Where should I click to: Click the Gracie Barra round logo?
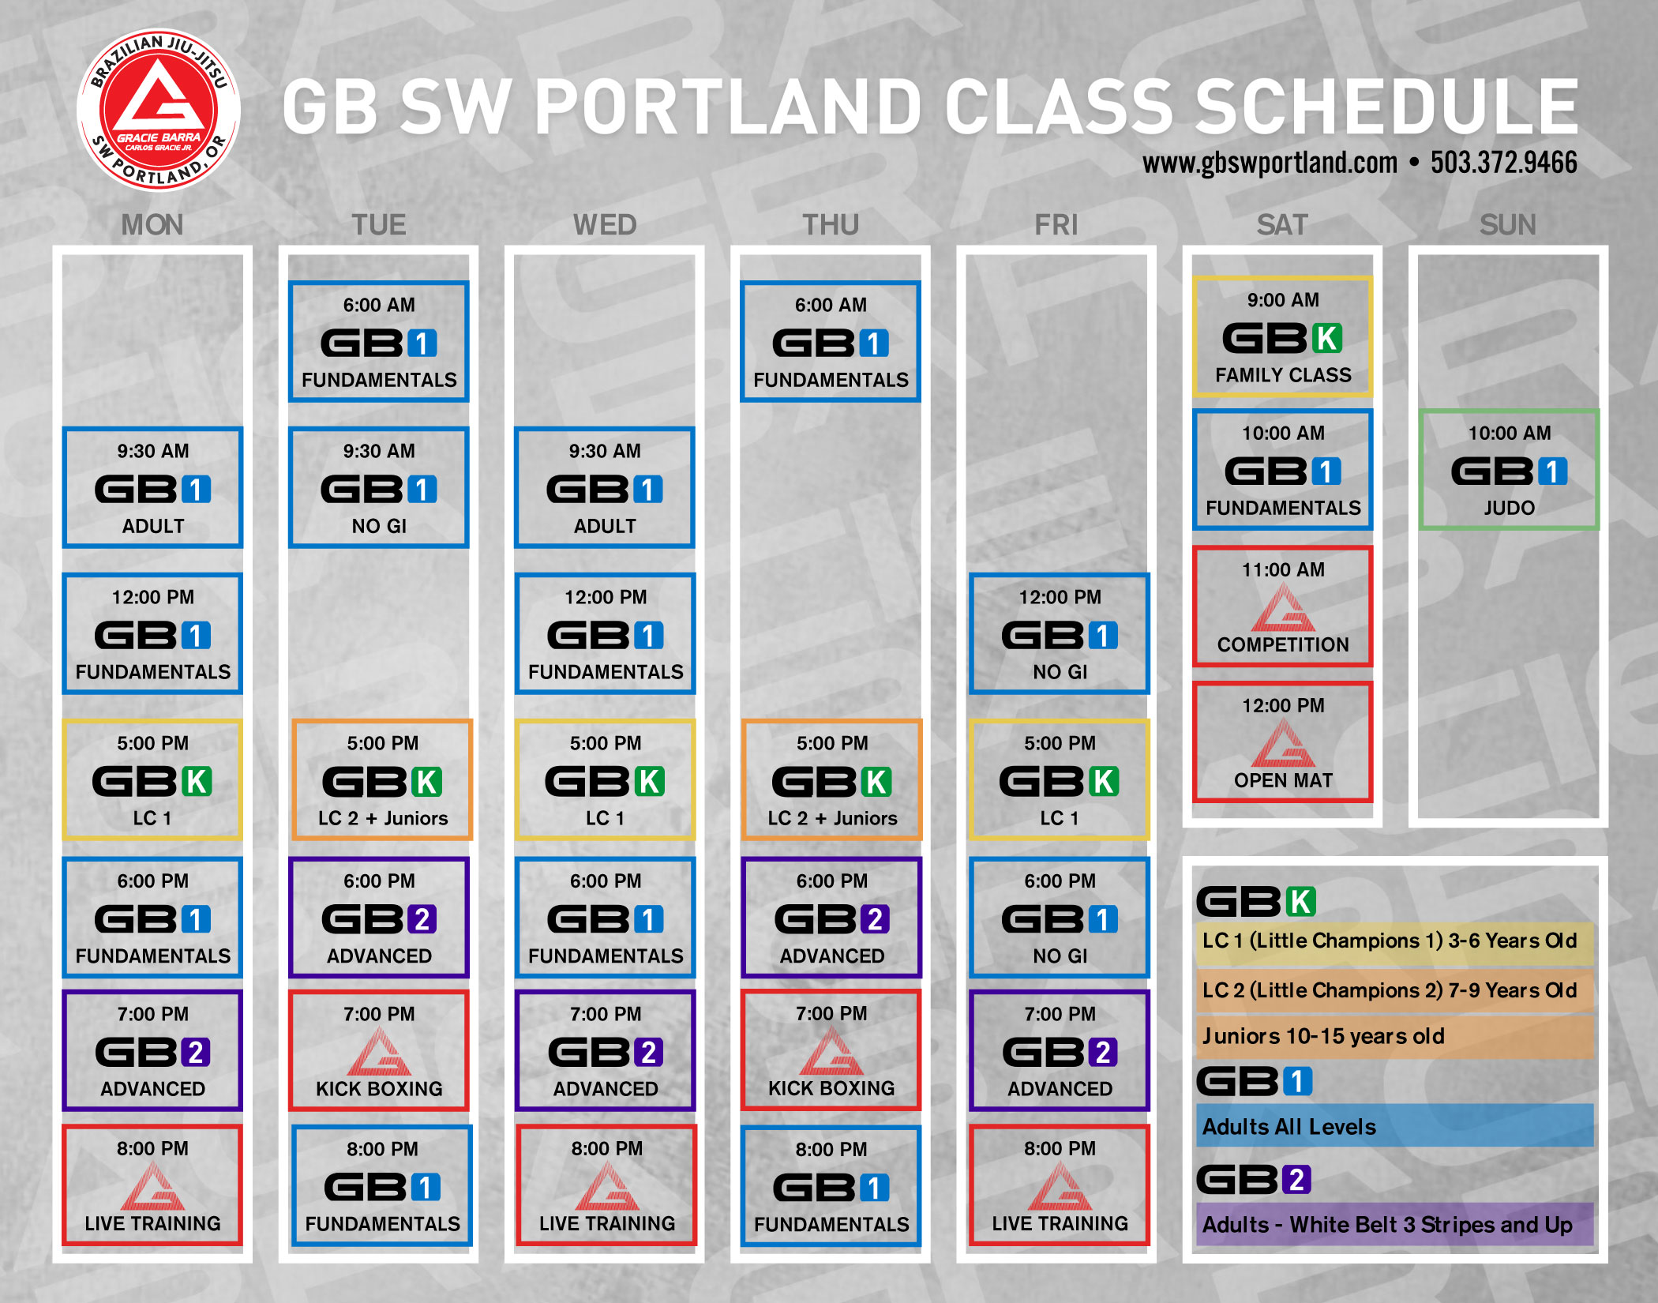click(x=159, y=110)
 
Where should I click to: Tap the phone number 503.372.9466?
click(x=1503, y=163)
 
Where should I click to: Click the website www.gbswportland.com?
click(x=1270, y=163)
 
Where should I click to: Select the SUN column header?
click(x=1507, y=225)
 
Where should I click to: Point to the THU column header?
click(x=831, y=225)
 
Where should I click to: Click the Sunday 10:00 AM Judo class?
click(x=1509, y=469)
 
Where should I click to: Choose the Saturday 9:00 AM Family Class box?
click(x=1283, y=336)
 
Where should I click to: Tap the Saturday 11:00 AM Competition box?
click(x=1283, y=606)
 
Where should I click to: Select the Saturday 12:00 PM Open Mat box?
click(x=1283, y=742)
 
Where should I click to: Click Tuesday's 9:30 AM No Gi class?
click(x=379, y=487)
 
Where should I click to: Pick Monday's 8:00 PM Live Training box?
click(x=152, y=1185)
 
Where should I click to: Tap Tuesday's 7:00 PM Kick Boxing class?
click(x=379, y=1050)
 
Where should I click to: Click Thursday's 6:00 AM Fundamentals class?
click(x=831, y=341)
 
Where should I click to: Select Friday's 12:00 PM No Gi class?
click(x=1060, y=633)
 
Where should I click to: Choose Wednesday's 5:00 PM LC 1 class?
click(x=605, y=779)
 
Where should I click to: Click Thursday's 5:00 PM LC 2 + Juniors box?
click(x=832, y=779)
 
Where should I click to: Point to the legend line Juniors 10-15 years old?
click(x=1323, y=1036)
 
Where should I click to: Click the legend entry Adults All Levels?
click(x=1289, y=1127)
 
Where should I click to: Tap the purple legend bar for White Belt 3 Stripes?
click(x=1395, y=1224)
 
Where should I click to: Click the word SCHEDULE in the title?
click(x=1386, y=107)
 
